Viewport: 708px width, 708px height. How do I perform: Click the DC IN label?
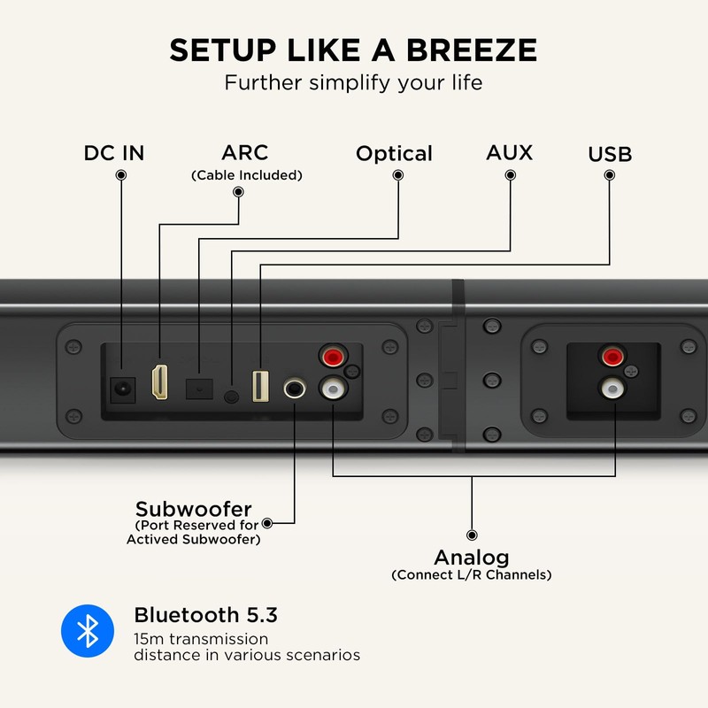click(114, 153)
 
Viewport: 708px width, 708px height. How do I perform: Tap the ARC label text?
click(246, 152)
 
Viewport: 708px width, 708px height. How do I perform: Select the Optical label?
click(394, 154)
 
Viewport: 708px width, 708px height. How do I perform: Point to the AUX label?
click(510, 152)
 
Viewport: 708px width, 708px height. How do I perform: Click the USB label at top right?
click(610, 155)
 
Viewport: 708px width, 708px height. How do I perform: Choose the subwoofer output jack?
click(294, 388)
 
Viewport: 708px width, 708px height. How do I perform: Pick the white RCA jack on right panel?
click(611, 387)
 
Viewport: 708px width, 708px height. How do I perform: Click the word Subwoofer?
click(194, 510)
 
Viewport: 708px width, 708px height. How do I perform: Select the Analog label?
click(471, 558)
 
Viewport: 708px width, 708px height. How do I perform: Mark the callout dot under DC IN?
click(120, 175)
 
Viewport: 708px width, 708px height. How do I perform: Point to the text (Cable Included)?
click(247, 175)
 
